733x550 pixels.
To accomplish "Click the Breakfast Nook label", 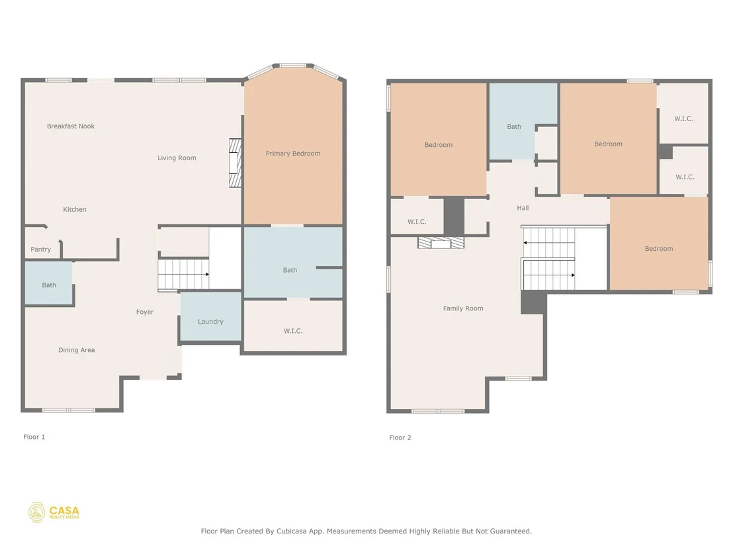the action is [x=71, y=126].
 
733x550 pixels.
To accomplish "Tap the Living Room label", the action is [x=177, y=158].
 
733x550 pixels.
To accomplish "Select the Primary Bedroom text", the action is [x=293, y=154].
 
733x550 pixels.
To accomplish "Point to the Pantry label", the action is [x=40, y=250].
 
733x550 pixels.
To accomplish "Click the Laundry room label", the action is [x=210, y=322].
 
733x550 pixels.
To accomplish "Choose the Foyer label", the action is [x=145, y=312].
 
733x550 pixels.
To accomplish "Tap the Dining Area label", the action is [x=77, y=350].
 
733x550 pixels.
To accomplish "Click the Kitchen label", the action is [x=75, y=210].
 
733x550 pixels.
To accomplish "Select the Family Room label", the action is [x=463, y=308].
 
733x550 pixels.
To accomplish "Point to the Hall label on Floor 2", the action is [x=523, y=208].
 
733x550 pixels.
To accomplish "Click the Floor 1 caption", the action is [x=34, y=437].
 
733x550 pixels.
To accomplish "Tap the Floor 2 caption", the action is [x=400, y=437].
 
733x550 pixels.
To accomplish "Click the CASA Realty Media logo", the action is [x=54, y=512].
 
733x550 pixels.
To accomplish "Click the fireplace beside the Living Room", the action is [x=235, y=163].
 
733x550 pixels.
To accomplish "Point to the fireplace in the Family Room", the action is [x=441, y=243].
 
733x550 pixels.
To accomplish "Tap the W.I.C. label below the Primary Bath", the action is [x=293, y=331].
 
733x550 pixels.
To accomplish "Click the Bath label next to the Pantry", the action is [x=49, y=285].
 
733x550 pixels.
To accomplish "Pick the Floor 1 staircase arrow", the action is [x=184, y=274].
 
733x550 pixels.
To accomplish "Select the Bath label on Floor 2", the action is [x=514, y=126].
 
